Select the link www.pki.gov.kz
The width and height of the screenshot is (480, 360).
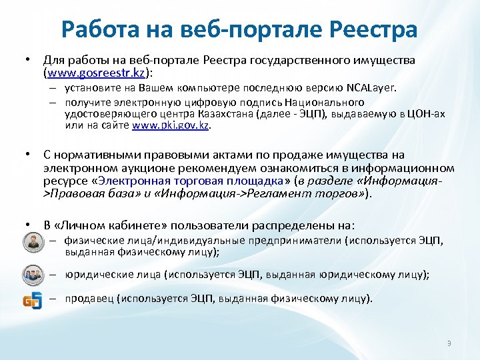coord(171,125)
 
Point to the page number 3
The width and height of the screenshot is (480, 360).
coord(449,344)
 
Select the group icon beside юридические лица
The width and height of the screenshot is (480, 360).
coord(31,274)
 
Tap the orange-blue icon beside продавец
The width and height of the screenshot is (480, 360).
coord(31,299)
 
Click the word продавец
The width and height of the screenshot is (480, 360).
coord(89,298)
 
